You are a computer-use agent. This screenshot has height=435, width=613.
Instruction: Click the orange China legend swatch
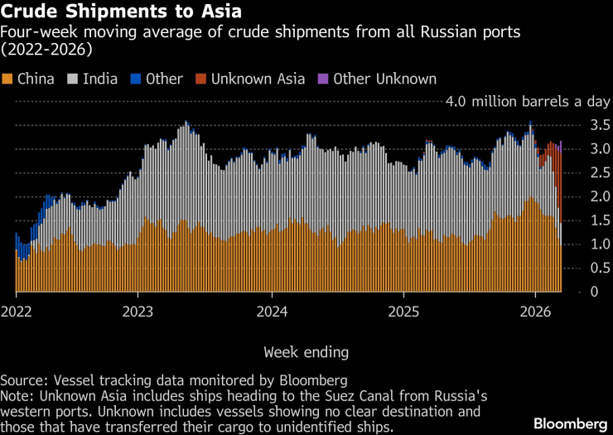(x=7, y=79)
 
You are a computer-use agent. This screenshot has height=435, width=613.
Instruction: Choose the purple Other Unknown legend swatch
(x=324, y=79)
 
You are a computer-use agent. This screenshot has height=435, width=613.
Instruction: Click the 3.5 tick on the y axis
(x=578, y=126)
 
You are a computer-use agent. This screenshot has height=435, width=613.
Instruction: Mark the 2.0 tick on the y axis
(x=578, y=197)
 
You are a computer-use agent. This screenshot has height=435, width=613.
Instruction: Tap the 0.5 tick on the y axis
(x=578, y=268)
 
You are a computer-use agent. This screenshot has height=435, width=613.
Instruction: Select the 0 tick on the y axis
(x=570, y=292)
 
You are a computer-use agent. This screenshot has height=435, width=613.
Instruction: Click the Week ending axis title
(x=306, y=352)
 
